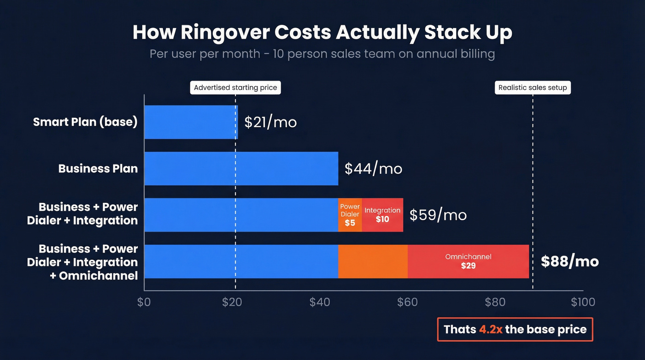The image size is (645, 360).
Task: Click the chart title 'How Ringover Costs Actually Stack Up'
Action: click(x=322, y=33)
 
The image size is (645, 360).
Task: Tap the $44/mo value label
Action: click(x=373, y=169)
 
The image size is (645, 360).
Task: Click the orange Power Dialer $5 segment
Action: click(x=350, y=215)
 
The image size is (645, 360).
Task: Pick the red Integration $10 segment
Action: click(x=382, y=215)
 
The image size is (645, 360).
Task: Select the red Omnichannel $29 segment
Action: click(x=468, y=261)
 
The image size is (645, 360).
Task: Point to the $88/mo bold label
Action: click(x=569, y=261)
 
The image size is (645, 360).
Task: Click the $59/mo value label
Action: click(x=438, y=215)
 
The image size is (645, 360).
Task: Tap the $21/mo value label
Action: click(x=270, y=122)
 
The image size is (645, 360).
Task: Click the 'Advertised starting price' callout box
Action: click(x=235, y=88)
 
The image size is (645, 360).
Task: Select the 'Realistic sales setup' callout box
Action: click(x=533, y=88)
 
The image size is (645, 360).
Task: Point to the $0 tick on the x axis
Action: click(x=144, y=302)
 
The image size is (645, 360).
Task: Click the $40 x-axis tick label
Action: click(x=320, y=302)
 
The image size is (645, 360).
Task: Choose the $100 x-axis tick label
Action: click(x=583, y=302)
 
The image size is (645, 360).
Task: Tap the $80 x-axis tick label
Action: click(x=495, y=302)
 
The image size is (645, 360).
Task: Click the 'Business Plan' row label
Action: click(x=98, y=169)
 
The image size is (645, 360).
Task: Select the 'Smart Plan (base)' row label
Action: click(x=85, y=122)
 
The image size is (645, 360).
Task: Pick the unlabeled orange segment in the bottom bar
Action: click(x=373, y=261)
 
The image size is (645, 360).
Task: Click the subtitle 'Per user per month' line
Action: click(x=322, y=54)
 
